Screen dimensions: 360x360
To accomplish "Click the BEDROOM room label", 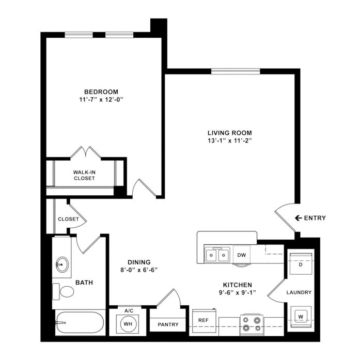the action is tap(101, 92).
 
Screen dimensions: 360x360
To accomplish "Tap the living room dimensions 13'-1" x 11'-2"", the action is tap(230, 140).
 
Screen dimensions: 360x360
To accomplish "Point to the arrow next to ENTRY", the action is tap(299, 218).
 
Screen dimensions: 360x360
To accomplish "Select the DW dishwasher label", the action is tap(242, 255).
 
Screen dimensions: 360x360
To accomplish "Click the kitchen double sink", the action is tap(217, 255).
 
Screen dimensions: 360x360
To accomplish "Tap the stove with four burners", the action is tap(252, 324).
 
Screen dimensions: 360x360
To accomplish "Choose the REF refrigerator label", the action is tap(203, 320).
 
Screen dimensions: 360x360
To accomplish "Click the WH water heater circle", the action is tap(128, 324).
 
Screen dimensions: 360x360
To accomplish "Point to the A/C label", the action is tap(129, 311).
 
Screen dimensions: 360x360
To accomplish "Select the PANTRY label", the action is tap(168, 324).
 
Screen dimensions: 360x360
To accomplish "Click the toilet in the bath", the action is tap(63, 292).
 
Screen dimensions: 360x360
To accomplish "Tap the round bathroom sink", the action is tap(62, 265).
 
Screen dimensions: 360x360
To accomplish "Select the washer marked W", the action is tap(301, 317).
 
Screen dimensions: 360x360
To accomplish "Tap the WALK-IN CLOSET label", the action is tap(84, 175).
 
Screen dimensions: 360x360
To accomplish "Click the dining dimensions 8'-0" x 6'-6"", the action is tap(139, 270).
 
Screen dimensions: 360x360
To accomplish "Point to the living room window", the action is tap(236, 71).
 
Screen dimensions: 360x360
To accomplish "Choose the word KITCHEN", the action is tap(238, 285).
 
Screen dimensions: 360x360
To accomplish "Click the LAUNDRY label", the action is tap(299, 292).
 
